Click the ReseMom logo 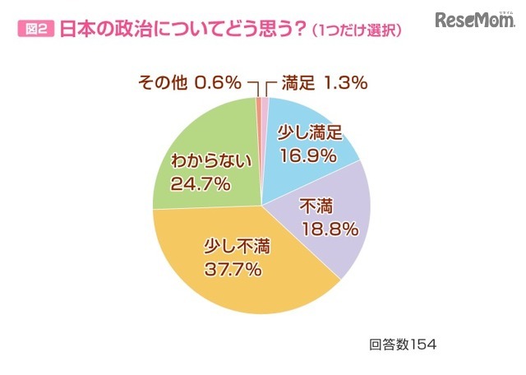click(473, 21)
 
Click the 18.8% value click(330, 229)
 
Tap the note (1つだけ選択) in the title click(353, 31)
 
